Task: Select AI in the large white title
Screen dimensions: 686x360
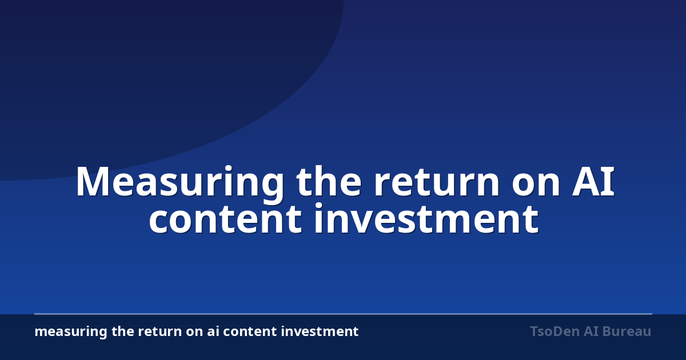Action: [593, 182]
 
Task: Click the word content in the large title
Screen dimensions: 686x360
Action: [225, 220]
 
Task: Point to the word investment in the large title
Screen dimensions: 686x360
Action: [426, 218]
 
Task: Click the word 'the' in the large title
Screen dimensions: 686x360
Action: [329, 181]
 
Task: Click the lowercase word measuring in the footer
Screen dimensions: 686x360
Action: [71, 332]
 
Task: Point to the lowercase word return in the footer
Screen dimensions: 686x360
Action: [160, 332]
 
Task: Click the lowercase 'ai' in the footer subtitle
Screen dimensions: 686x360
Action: [213, 331]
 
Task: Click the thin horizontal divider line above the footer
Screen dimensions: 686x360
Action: [343, 314]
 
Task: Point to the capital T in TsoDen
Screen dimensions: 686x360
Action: [535, 331]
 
